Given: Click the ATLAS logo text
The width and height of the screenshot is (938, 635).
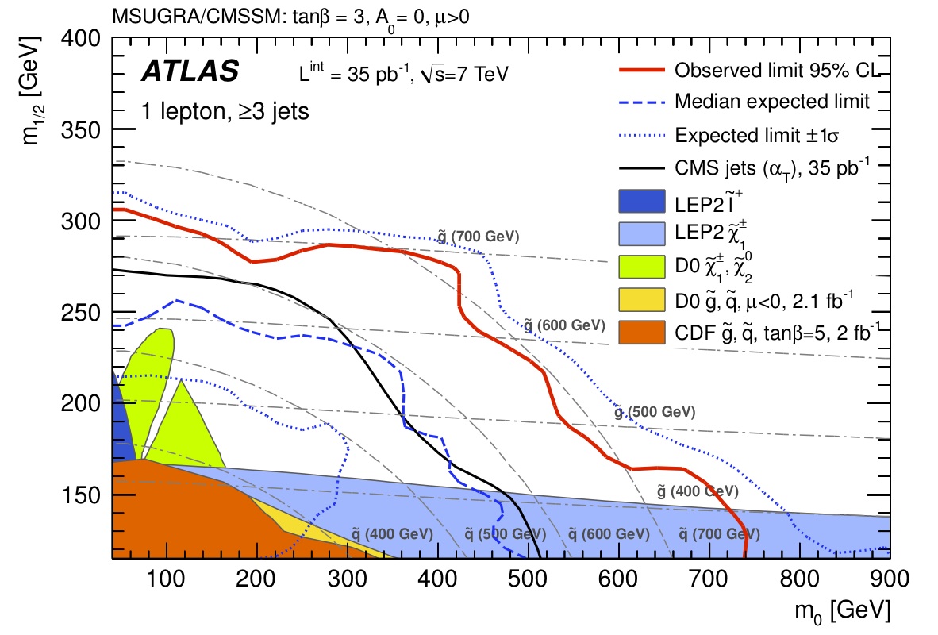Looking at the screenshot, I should tap(190, 71).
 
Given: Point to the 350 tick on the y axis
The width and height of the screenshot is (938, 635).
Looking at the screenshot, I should tap(88, 129).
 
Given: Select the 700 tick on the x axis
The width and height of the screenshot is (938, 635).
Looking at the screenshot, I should tap(617, 583).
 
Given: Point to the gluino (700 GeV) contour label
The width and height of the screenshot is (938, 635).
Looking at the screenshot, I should tap(478, 236).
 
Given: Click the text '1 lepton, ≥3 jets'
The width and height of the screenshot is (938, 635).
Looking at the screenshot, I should tap(225, 111).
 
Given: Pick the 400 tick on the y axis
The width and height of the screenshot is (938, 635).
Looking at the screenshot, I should tap(88, 38).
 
